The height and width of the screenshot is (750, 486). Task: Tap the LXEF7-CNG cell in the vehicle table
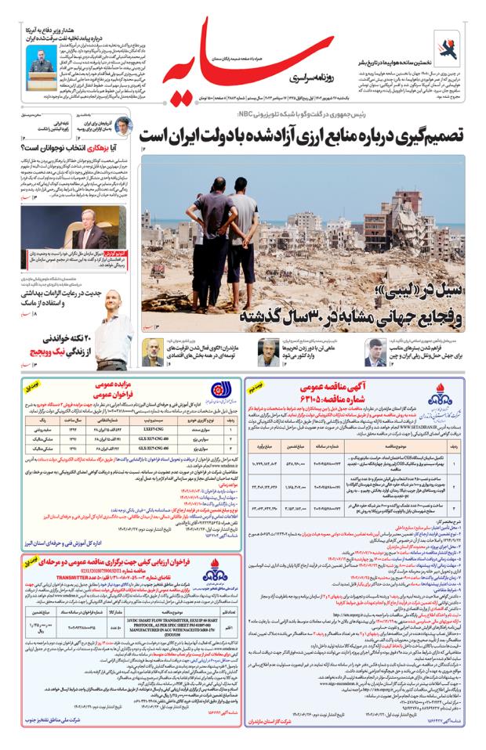click(158, 428)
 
